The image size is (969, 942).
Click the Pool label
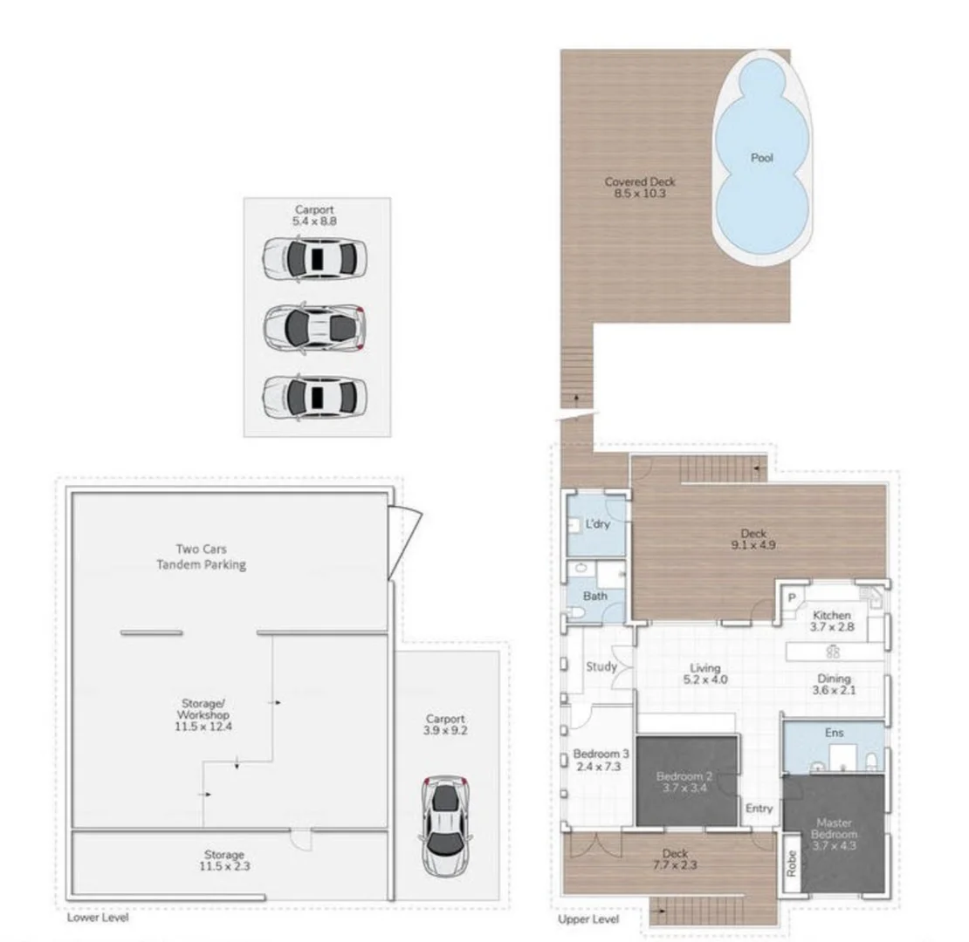point(761,159)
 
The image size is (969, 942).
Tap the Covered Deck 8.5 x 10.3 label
point(640,188)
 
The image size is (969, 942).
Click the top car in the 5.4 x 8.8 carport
point(314,259)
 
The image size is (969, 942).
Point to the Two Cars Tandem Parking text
point(201,557)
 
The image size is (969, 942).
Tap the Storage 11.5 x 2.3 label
point(225,861)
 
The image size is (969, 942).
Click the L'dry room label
point(597,524)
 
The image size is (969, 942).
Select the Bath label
point(595,597)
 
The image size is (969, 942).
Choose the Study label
point(601,667)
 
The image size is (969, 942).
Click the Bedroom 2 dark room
point(688,782)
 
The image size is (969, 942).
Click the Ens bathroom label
point(833,733)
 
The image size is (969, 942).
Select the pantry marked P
point(792,598)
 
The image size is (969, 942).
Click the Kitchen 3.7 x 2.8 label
point(832,621)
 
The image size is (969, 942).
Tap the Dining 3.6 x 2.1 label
point(834,686)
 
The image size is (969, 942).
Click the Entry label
point(759,809)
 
